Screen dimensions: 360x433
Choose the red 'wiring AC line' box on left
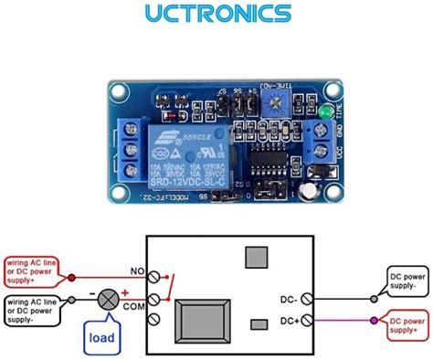pyautogui.click(x=30, y=271)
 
